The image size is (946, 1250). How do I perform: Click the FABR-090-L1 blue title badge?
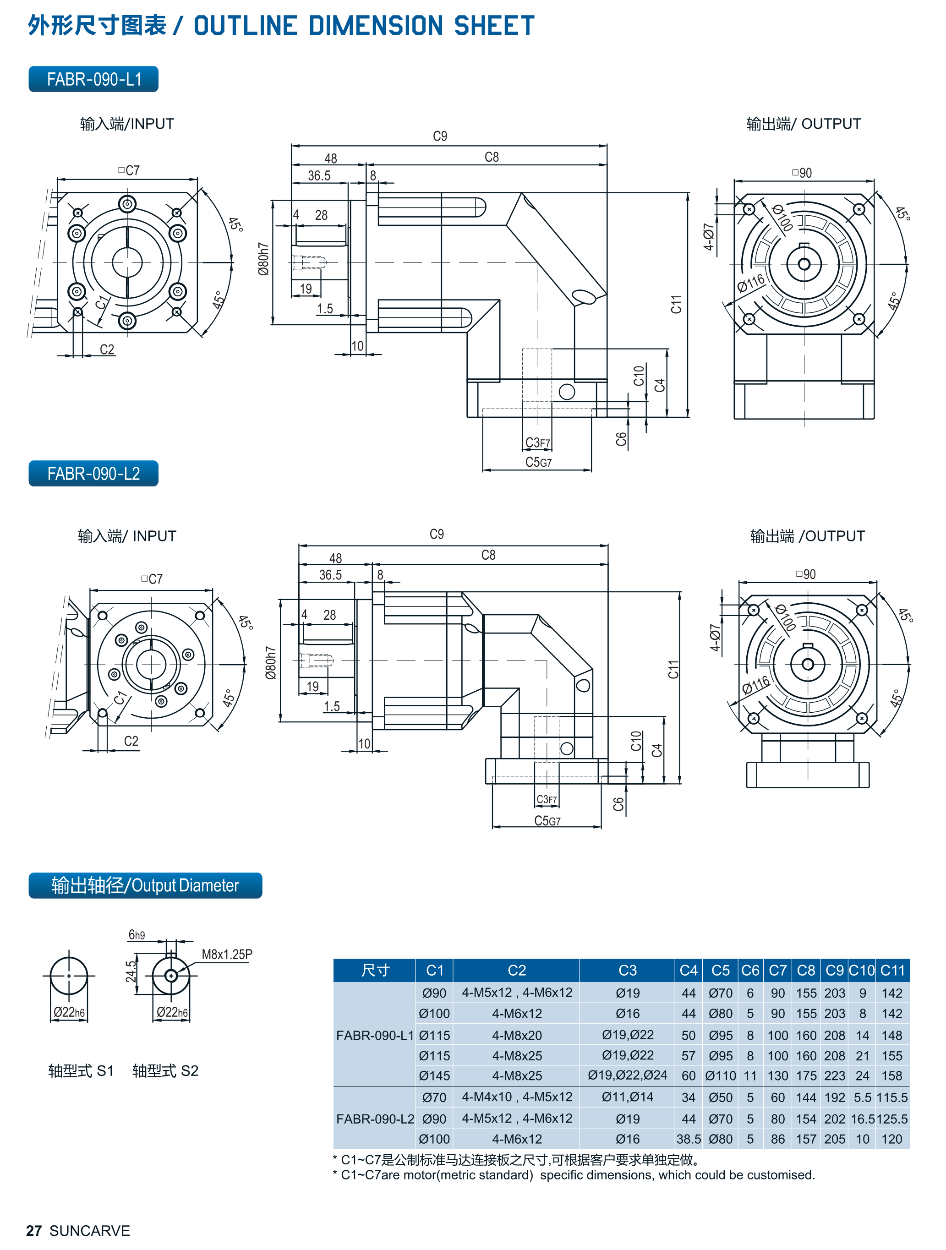[93, 79]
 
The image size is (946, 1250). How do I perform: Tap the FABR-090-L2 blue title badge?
[93, 474]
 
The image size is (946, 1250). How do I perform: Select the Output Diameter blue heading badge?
[145, 885]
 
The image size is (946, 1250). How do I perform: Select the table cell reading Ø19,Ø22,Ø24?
[627, 1075]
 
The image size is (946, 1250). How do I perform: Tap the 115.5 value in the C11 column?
[892, 1097]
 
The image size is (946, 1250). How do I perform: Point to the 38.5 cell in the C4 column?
[688, 1139]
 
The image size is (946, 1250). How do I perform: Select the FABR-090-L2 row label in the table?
[375, 1119]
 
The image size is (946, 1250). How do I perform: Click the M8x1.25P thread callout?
[227, 955]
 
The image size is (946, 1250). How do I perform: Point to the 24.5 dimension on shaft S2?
[131, 972]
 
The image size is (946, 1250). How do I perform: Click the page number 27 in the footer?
[34, 1231]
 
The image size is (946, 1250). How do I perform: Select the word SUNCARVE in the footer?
[90, 1231]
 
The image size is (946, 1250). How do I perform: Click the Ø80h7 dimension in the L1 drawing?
[263, 259]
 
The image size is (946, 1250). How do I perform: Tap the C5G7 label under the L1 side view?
[538, 462]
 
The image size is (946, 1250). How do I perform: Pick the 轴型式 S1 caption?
[81, 1071]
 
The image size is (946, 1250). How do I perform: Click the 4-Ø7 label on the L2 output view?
[715, 638]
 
